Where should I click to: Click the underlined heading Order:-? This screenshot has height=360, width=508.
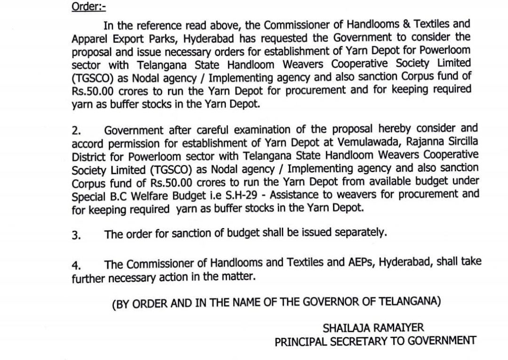88,8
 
